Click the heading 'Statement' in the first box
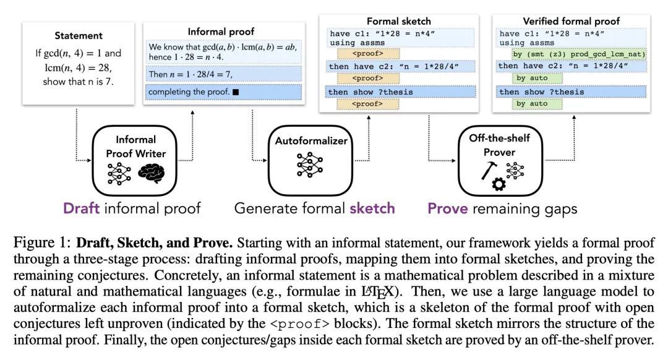[x=79, y=36]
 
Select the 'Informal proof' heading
[x=220, y=31]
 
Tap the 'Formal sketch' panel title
[x=399, y=21]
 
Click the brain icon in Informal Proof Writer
[x=152, y=174]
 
